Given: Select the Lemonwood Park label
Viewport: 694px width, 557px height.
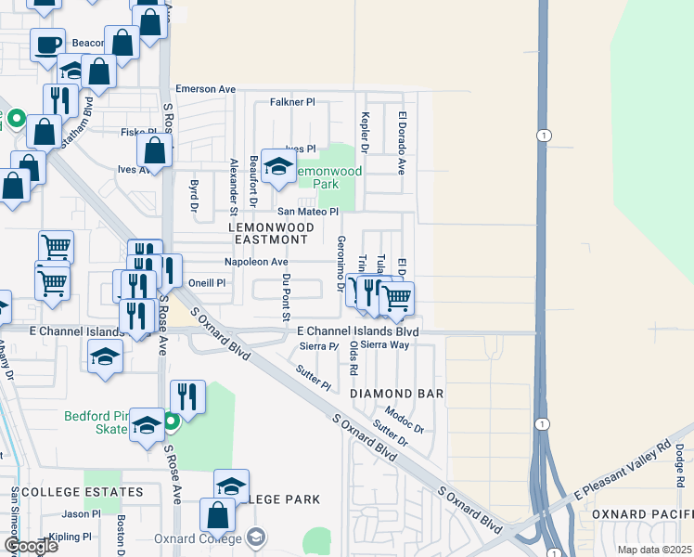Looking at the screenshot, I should [324, 177].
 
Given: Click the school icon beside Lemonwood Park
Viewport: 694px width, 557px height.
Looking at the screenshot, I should [277, 166].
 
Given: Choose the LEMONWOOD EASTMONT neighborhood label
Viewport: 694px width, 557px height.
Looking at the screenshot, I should [268, 232].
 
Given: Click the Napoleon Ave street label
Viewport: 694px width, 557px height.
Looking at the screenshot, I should [256, 262].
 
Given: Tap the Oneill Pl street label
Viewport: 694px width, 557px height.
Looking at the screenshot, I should [207, 283].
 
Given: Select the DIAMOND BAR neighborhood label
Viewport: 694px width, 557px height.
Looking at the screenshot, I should [397, 394].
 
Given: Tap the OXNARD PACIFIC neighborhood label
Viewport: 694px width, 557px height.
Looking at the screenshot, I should [641, 513].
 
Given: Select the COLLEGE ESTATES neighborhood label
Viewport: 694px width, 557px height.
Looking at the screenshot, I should [83, 491].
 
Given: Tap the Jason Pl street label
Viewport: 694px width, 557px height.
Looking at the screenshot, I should [81, 513].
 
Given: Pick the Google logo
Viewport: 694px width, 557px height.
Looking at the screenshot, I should [30, 546].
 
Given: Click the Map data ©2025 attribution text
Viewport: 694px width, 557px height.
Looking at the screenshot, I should [654, 550].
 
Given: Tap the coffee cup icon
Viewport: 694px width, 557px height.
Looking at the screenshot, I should [46, 44].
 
